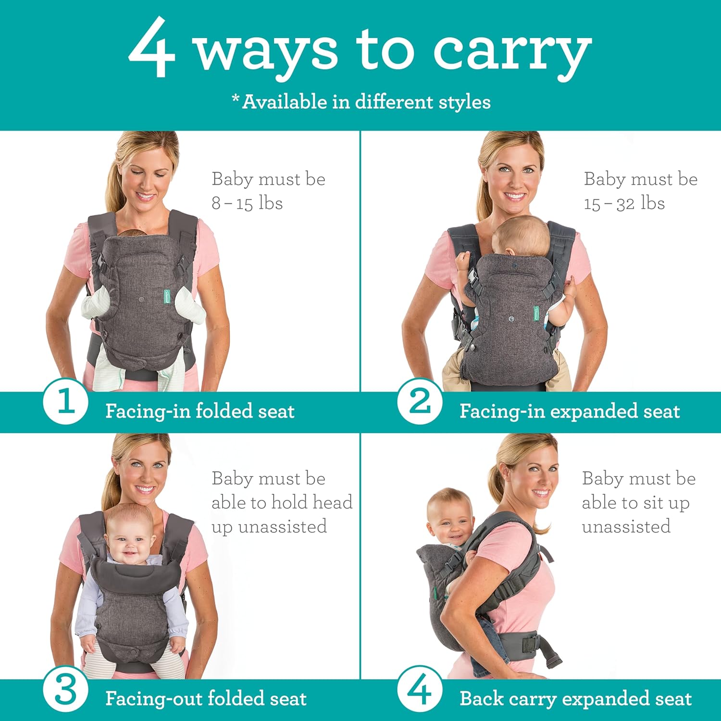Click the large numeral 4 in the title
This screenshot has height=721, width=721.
(x=151, y=48)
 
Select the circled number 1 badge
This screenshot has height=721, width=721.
(x=65, y=402)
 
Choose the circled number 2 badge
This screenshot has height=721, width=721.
(x=420, y=402)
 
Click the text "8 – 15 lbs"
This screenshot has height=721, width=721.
(x=247, y=203)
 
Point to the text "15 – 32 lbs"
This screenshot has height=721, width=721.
(x=624, y=203)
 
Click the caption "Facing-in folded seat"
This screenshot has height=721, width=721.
(x=199, y=411)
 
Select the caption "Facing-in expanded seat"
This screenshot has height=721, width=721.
(x=570, y=411)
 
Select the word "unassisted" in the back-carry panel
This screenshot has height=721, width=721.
(x=626, y=527)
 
